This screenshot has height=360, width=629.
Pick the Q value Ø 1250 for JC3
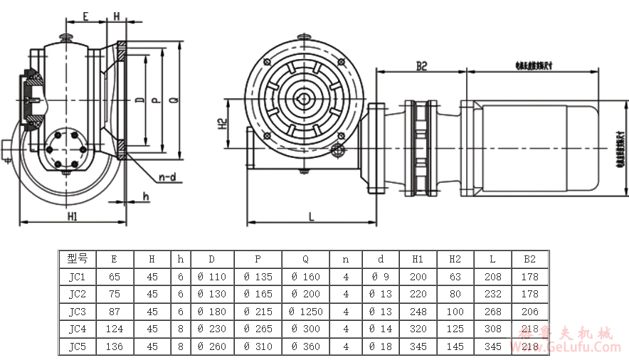pyautogui.click(x=307, y=311)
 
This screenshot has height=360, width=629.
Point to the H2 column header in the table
pyautogui.click(x=455, y=259)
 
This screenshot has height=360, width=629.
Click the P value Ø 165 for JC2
pyautogui.click(x=258, y=294)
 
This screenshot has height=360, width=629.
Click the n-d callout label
pyautogui.click(x=168, y=177)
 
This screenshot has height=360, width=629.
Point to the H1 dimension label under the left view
pyautogui.click(x=73, y=216)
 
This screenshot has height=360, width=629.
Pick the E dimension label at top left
pyautogui.click(x=85, y=15)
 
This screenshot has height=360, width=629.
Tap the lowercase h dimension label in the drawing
pyautogui.click(x=145, y=196)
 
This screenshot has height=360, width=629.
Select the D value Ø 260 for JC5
pyautogui.click(x=211, y=346)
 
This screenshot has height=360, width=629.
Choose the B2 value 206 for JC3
pyautogui.click(x=529, y=311)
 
